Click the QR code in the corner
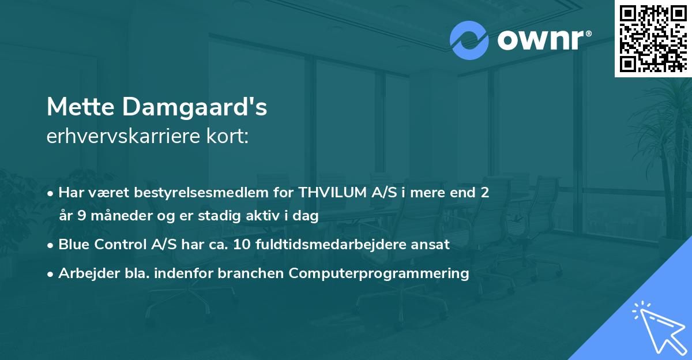(x=653, y=38)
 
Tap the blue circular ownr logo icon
(x=469, y=40)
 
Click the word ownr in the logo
(x=540, y=40)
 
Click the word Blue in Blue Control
(x=73, y=245)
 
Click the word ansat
(x=432, y=245)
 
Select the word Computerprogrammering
(x=379, y=273)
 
